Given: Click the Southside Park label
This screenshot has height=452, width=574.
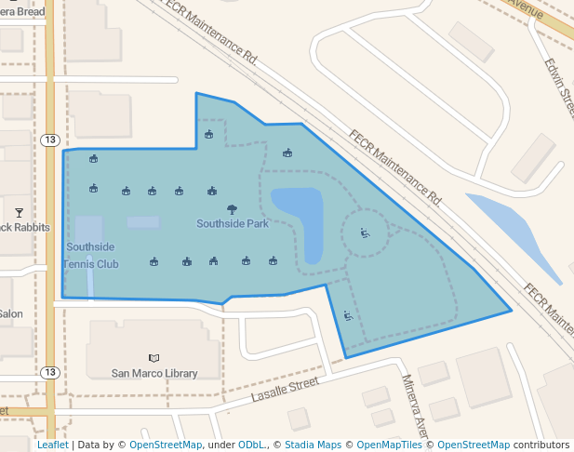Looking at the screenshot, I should pyautogui.click(x=232, y=224).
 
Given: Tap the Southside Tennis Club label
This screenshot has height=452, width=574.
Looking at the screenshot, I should pyautogui.click(x=91, y=255).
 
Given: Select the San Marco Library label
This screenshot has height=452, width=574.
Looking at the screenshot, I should pyautogui.click(x=154, y=373).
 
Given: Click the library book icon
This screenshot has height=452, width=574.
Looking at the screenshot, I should pyautogui.click(x=154, y=358).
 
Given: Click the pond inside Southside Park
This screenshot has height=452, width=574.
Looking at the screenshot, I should pyautogui.click(x=300, y=219).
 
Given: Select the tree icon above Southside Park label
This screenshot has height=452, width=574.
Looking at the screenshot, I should pyautogui.click(x=232, y=209).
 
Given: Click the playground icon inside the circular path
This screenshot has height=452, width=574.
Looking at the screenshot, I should pyautogui.click(x=365, y=233).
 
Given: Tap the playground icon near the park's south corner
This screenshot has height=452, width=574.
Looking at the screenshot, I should pyautogui.click(x=348, y=316).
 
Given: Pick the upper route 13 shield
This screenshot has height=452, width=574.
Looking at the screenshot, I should pyautogui.click(x=50, y=140).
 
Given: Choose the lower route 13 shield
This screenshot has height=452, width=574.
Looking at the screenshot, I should pyautogui.click(x=50, y=373).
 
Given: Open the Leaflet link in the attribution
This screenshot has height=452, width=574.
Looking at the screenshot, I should pyautogui.click(x=52, y=445).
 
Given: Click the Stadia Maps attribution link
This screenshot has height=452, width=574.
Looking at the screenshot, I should pyautogui.click(x=313, y=445).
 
